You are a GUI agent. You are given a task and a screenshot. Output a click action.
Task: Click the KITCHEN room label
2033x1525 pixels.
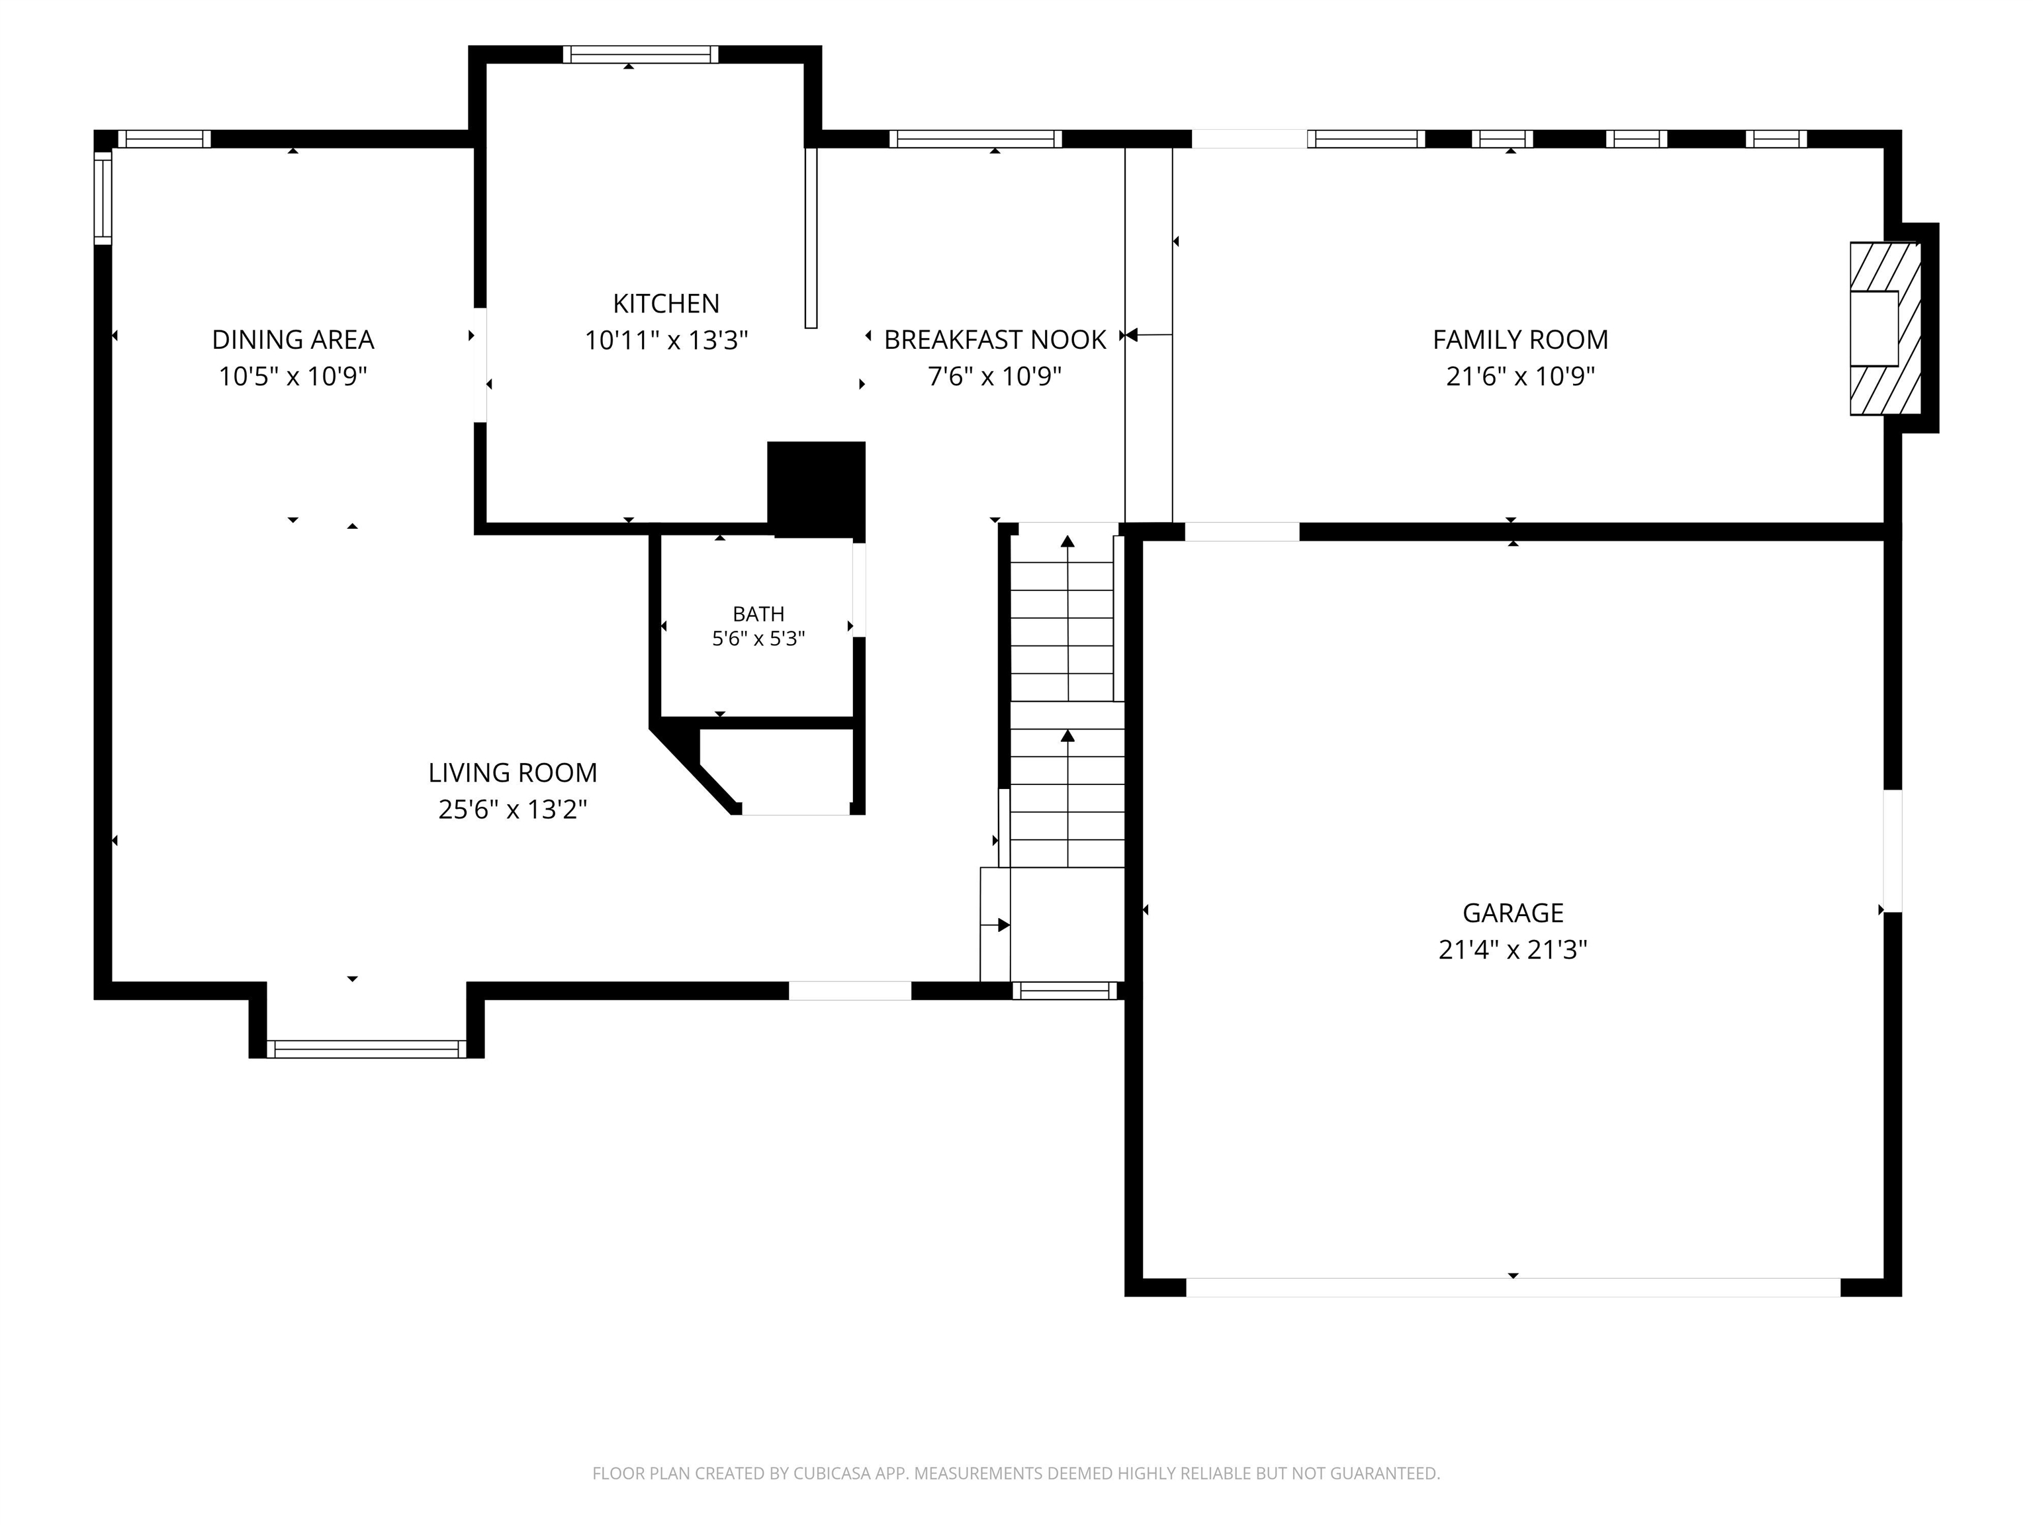pos(666,303)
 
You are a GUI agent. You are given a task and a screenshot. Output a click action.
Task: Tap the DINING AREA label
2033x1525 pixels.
pos(293,340)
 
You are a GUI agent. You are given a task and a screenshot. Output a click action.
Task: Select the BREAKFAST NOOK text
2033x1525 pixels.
pos(995,340)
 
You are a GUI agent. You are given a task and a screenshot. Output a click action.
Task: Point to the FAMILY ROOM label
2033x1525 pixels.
pos(1520,340)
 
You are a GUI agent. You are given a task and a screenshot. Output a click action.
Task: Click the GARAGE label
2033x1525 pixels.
pos(1513,913)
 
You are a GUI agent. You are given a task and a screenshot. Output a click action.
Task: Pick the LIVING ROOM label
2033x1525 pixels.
pos(513,773)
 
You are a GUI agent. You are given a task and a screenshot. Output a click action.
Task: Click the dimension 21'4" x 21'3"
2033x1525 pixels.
pos(1513,950)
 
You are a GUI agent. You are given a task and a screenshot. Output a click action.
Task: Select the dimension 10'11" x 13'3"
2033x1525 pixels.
pos(666,341)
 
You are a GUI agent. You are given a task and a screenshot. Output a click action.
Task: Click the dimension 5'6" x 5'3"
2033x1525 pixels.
pos(759,639)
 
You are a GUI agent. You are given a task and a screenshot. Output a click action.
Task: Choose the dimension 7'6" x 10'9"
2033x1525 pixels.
pos(995,377)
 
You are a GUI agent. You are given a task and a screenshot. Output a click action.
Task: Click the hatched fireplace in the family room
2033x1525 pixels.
pos(1884,328)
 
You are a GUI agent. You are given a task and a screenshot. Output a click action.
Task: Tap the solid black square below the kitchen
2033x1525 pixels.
pos(816,489)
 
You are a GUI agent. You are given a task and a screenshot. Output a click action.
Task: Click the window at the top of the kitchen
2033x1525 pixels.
pos(641,54)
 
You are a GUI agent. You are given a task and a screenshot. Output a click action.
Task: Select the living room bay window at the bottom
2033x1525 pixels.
pos(367,1049)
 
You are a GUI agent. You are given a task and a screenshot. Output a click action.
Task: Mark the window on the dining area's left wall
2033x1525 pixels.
pos(103,199)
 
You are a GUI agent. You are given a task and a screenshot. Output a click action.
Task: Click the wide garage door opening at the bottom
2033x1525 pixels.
pos(1513,1287)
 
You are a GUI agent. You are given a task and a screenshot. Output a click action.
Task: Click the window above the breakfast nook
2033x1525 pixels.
pos(975,139)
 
